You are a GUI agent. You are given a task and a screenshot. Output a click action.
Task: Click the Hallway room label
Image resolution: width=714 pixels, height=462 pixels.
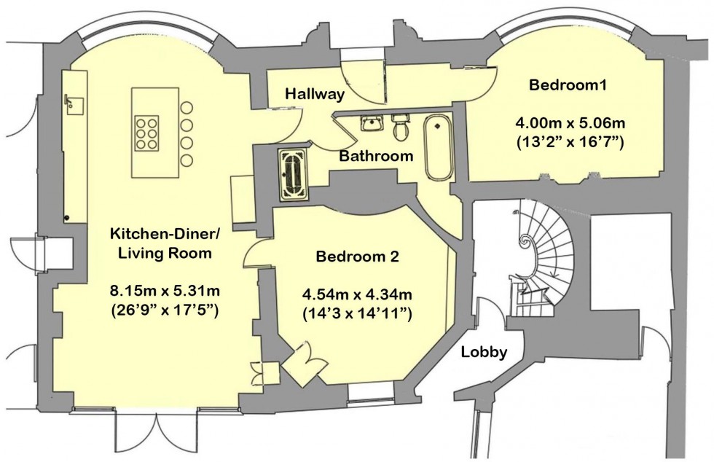(314, 94)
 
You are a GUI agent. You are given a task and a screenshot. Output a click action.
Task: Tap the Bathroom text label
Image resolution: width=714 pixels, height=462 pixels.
(376, 156)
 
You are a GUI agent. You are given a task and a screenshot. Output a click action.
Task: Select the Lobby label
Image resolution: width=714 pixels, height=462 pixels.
(484, 352)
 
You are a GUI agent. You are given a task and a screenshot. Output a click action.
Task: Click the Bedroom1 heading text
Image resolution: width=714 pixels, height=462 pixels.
(568, 85)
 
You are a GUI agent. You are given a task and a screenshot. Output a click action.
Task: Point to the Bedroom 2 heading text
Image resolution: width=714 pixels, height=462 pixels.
(357, 257)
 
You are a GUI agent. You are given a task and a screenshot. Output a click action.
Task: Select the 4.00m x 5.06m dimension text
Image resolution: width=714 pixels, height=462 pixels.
(568, 122)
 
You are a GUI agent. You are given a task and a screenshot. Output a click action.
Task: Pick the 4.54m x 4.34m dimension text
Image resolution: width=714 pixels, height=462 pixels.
(357, 295)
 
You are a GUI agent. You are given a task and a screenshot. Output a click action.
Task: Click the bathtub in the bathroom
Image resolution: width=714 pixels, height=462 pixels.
(439, 146)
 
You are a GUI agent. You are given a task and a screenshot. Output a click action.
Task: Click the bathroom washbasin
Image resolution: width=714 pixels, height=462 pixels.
(372, 122)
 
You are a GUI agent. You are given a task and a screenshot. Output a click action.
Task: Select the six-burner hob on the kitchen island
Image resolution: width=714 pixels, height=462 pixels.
(148, 133)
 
